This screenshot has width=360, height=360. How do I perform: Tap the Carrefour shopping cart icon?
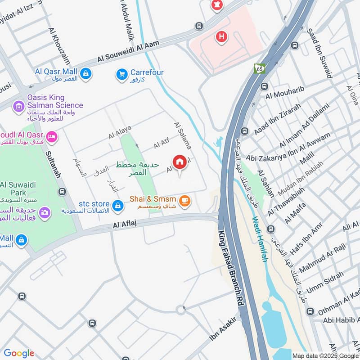pos(121,75)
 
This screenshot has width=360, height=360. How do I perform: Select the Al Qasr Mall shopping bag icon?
pos(85,73)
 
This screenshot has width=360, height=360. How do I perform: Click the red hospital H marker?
pos(220,36)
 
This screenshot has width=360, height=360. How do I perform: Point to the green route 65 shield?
pos(260,68)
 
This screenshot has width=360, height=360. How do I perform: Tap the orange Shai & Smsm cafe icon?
pos(184,201)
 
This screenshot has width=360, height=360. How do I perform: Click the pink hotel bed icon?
pos(52,136)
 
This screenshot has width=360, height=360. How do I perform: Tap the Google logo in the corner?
pos(19,353)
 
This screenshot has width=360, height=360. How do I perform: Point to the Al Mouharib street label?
pos(285,92)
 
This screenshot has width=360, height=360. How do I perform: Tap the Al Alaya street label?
pos(120,132)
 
